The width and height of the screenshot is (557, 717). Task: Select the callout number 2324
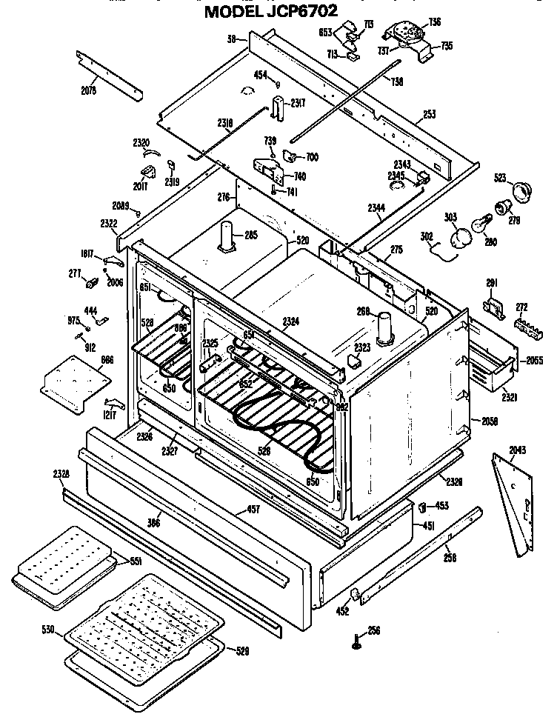click(x=292, y=321)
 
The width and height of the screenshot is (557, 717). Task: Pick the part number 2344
click(x=376, y=209)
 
